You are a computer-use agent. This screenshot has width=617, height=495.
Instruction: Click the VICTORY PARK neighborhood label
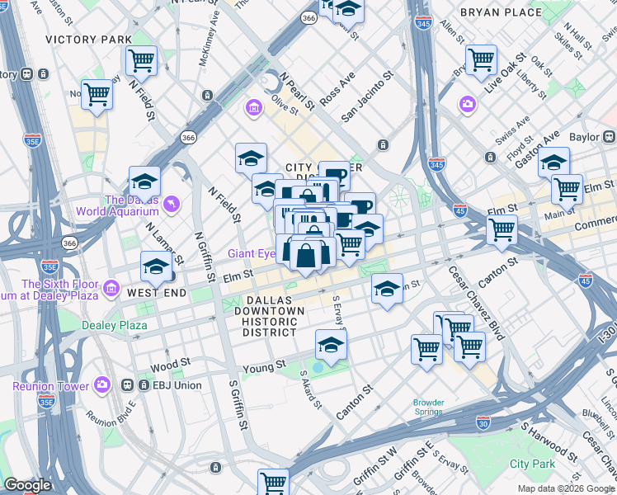click(x=88, y=40)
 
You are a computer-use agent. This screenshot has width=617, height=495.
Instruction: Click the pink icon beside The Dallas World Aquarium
click(x=171, y=204)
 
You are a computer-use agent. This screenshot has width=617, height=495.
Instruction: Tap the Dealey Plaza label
click(x=114, y=325)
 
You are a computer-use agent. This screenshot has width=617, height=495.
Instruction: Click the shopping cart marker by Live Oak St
click(x=481, y=59)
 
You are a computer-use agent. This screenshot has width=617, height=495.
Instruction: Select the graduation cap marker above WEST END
click(x=156, y=266)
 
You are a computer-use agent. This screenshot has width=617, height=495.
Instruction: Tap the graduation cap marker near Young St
click(x=331, y=345)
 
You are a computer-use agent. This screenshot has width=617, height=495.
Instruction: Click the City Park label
click(x=532, y=464)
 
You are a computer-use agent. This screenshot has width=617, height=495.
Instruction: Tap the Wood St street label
click(x=170, y=362)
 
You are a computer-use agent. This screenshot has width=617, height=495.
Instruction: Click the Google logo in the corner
click(x=26, y=485)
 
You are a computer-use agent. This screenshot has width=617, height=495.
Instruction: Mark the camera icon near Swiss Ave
click(x=468, y=104)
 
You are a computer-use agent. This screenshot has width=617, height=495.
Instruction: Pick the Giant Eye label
click(x=251, y=253)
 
